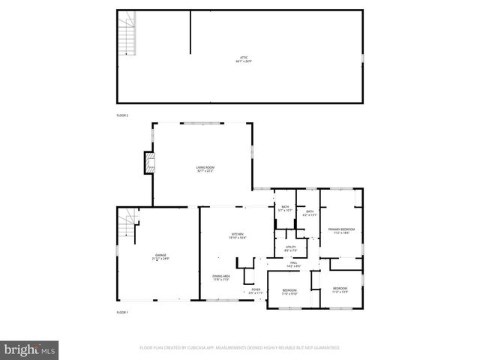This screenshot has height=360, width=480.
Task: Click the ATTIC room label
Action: click(239, 58)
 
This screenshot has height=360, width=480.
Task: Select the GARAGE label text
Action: click(161, 257)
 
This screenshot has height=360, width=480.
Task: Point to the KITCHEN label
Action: click(238, 235)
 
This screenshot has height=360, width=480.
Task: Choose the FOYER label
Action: click(256, 290)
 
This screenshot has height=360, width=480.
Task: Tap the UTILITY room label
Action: click(290, 249)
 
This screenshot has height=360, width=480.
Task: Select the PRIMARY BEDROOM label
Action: click(340, 230)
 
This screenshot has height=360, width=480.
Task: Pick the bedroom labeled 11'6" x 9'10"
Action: click(289, 292)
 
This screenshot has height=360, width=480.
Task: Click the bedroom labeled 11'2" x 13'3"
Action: click(340, 289)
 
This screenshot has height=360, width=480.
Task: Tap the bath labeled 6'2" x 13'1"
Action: click(310, 213)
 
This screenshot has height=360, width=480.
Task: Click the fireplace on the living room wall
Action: click(150, 163)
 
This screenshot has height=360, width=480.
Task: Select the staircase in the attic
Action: click(127, 34)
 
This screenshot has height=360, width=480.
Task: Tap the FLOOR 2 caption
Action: click(122, 115)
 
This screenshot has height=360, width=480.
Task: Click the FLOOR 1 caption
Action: click(122, 312)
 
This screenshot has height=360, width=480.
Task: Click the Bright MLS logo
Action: click(29, 349)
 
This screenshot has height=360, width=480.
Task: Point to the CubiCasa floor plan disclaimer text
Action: click(239, 348)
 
